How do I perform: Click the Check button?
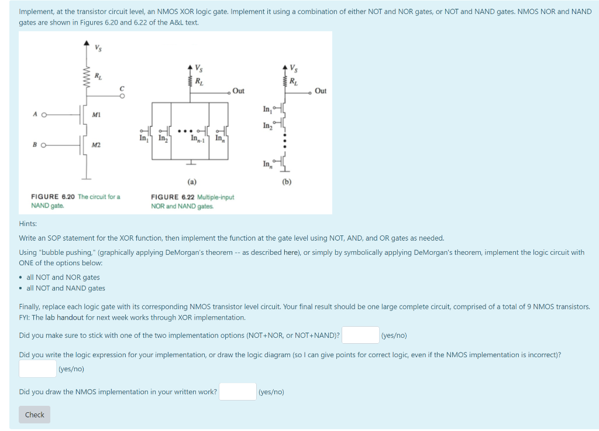(35, 415)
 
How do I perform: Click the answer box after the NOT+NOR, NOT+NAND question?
(360, 336)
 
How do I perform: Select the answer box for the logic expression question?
(37, 369)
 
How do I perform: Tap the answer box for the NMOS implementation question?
(237, 392)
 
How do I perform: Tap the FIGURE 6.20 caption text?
(75, 201)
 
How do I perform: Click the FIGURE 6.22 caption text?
(192, 201)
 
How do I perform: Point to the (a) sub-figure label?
(191, 182)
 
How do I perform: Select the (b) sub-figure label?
(286, 182)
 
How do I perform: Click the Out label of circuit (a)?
(238, 91)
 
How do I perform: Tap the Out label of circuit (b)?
(321, 91)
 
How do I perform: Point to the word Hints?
(27, 224)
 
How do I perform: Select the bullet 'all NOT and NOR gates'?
(63, 277)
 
